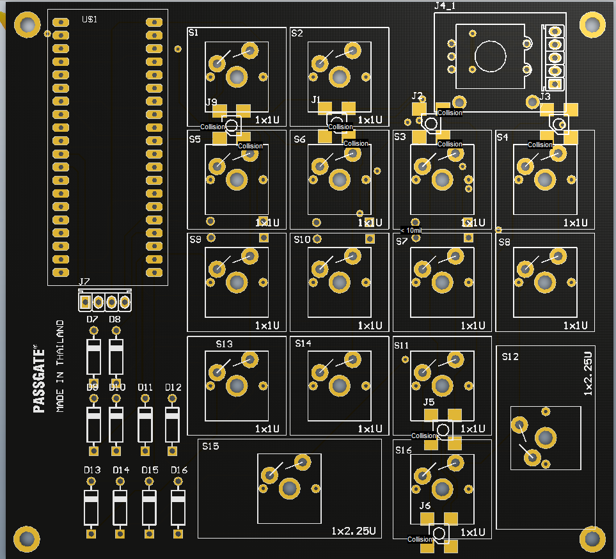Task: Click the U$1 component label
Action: click(x=90, y=20)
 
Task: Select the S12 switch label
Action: click(x=510, y=357)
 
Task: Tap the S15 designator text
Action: click(x=210, y=446)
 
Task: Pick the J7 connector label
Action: click(x=84, y=282)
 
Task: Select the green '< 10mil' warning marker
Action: click(x=411, y=230)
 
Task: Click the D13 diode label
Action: click(x=92, y=470)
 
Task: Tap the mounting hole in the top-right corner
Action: click(x=592, y=25)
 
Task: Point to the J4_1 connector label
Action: click(x=449, y=6)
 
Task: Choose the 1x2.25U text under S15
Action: click(x=353, y=531)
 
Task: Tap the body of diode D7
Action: click(x=94, y=357)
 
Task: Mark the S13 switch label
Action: click(x=225, y=344)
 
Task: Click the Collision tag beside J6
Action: click(x=420, y=539)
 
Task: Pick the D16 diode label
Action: click(x=179, y=470)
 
